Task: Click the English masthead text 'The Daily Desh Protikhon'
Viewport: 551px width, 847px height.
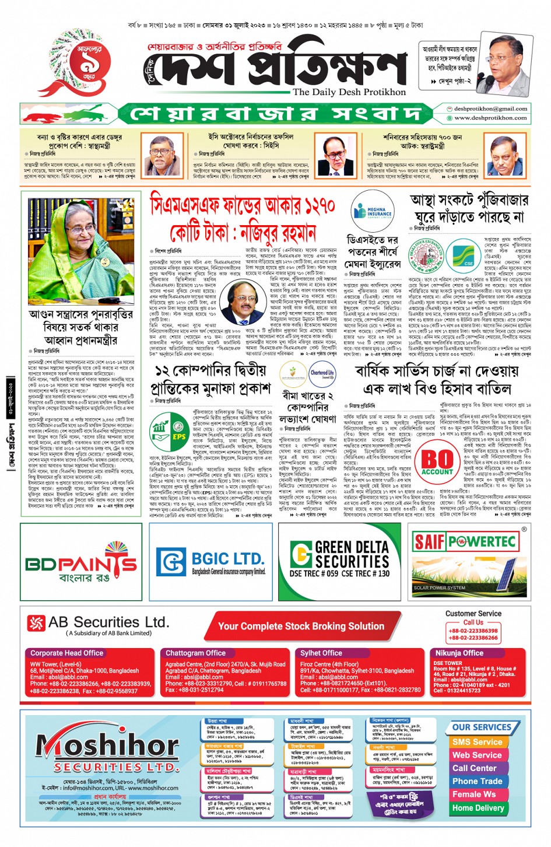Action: click(349, 92)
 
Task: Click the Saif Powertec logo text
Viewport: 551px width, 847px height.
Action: click(465, 542)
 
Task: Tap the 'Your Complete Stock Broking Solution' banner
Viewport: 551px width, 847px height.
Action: click(301, 626)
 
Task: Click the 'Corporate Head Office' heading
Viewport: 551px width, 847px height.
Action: click(67, 653)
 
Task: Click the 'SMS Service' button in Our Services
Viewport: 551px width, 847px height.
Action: click(476, 742)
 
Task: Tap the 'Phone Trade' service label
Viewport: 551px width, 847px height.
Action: click(477, 781)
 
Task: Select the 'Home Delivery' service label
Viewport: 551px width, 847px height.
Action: click(478, 808)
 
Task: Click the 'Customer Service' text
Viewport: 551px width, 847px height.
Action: click(473, 614)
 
